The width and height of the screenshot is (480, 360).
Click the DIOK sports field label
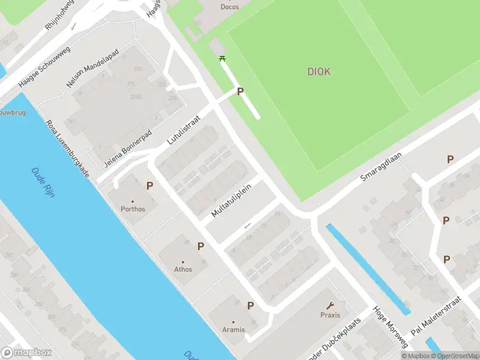[x=319, y=72]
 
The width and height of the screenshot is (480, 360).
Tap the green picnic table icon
[x=223, y=58]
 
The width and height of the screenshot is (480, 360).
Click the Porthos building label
[x=133, y=209]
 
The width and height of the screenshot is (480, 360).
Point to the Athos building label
[x=183, y=269]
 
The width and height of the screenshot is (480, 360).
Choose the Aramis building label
[x=234, y=329]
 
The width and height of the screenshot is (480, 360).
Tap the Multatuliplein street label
[x=231, y=201]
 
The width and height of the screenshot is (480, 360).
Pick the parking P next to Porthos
[x=149, y=186]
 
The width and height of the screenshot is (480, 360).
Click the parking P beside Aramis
[x=251, y=305]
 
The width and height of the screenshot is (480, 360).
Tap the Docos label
[x=230, y=7]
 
